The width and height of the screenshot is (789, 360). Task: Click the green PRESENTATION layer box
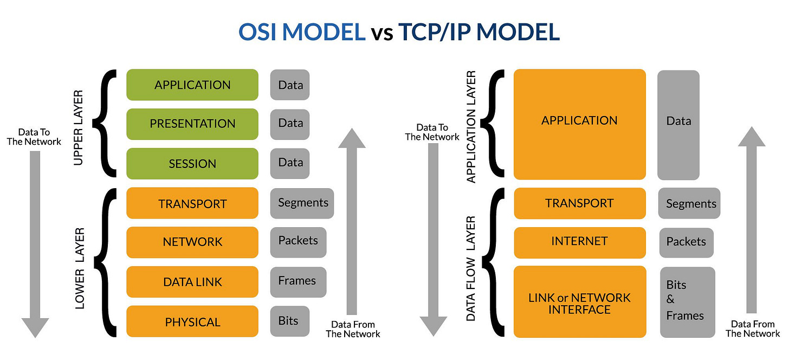pos(192,124)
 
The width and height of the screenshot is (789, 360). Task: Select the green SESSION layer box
pos(192,163)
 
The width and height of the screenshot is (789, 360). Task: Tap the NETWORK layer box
pos(192,242)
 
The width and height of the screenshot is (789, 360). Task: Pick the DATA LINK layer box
pos(192,281)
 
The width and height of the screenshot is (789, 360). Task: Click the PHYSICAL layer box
pos(192,322)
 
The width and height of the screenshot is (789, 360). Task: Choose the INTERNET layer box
pos(579,242)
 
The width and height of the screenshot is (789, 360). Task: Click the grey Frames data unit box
pos(297,281)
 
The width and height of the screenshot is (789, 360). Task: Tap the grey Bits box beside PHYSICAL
pos(289,321)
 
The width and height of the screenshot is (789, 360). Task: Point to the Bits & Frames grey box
pos(687,301)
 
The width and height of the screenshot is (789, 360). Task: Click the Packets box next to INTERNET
pos(686,242)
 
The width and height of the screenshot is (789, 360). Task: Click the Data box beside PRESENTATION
pos(290,124)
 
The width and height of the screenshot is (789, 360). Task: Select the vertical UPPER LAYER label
pos(79,128)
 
